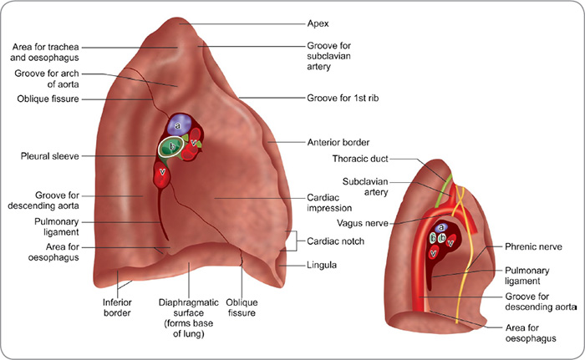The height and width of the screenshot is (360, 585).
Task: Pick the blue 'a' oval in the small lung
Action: point(442,226)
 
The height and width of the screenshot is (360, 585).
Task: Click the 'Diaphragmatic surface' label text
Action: point(188,307)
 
